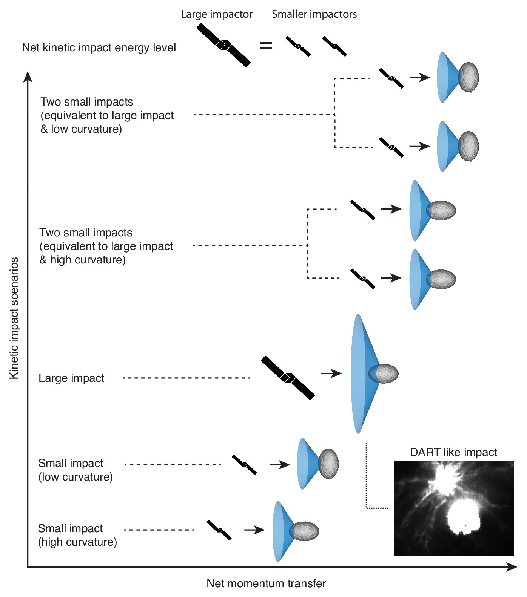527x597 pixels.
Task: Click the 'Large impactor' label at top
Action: (217, 14)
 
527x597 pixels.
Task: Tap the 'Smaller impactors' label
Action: (314, 14)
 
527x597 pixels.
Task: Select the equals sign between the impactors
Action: (266, 46)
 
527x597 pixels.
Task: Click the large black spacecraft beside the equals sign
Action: (223, 45)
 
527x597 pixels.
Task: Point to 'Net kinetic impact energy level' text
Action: (99, 48)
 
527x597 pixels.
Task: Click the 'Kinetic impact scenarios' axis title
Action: (14, 318)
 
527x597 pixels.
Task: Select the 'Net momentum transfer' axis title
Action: (266, 583)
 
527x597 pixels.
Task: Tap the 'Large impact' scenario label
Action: (71, 378)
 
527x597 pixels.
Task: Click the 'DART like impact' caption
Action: (453, 452)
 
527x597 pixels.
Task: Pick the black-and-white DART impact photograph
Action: (453, 508)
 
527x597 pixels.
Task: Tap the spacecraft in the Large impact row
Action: (288, 378)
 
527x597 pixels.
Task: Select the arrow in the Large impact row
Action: (331, 374)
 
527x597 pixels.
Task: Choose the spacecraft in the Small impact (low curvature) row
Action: (244, 465)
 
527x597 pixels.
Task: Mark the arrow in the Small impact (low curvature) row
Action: (279, 465)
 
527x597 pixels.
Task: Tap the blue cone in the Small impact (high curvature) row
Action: (280, 531)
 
